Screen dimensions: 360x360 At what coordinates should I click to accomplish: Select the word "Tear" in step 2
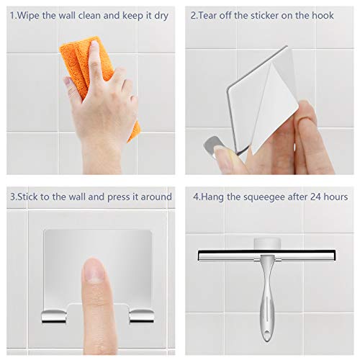click(x=210, y=15)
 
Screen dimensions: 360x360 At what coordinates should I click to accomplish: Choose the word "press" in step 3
click(x=127, y=197)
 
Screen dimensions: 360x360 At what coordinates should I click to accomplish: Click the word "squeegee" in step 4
click(x=263, y=197)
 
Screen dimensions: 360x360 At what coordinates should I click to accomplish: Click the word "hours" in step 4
click(x=336, y=197)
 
